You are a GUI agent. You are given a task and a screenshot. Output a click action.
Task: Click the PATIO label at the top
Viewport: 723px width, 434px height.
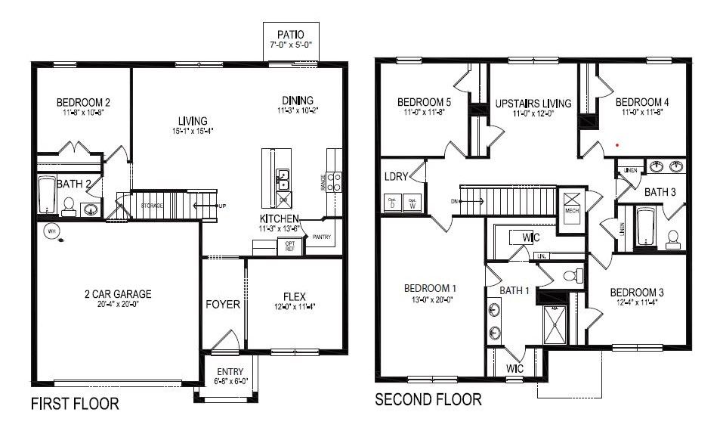coord(291,34)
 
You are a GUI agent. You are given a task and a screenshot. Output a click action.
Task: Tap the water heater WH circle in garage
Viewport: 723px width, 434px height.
coord(53,231)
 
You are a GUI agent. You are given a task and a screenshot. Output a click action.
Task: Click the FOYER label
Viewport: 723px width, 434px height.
coord(224,305)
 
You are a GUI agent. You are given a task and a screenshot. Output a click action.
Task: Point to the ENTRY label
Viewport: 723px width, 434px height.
coord(230,371)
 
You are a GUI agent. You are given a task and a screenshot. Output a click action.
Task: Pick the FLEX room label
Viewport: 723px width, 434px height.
coord(294,296)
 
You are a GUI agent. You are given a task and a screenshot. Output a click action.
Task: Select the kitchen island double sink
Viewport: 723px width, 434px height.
coord(283,179)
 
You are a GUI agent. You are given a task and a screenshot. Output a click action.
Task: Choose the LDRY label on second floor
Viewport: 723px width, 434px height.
coord(396,177)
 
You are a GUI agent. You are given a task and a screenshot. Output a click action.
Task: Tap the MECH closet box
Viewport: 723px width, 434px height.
coord(572,203)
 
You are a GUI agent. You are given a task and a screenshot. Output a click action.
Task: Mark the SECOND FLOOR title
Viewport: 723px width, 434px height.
coord(428,399)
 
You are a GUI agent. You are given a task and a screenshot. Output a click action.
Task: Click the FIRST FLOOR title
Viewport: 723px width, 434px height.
coord(75,404)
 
